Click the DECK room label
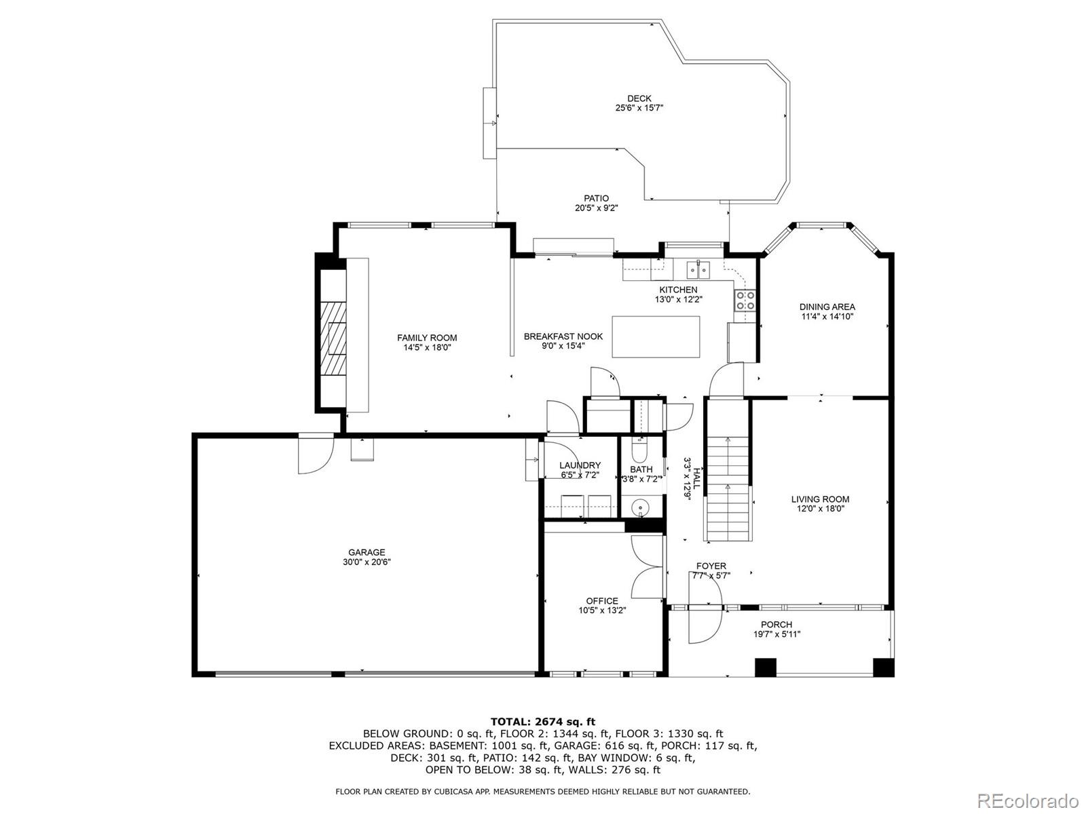639,99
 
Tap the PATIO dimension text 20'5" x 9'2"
596,209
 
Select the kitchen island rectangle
656,336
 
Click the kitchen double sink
697,270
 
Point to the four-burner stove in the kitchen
745,301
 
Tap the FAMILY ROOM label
427,338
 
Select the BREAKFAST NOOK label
563,336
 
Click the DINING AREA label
827,307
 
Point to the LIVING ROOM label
820,499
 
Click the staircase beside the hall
727,488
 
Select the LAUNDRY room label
580,465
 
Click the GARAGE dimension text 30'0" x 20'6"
367,562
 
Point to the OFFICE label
602,601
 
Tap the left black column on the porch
766,667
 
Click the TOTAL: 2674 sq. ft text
542,722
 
